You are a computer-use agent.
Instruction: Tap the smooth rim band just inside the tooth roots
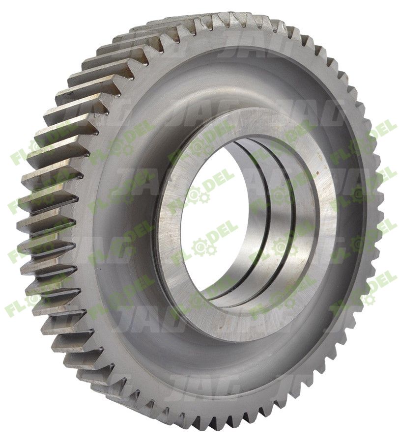(88, 275)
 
